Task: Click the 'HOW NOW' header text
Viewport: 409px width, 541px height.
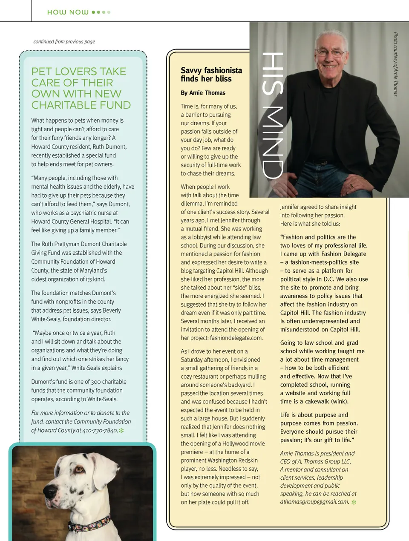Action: click(x=68, y=12)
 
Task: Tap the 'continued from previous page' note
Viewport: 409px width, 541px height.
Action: click(x=64, y=42)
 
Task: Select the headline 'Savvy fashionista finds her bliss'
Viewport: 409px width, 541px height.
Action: click(x=211, y=75)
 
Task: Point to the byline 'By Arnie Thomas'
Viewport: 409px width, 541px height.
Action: click(x=203, y=93)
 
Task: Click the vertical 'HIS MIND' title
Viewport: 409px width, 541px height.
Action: click(x=272, y=115)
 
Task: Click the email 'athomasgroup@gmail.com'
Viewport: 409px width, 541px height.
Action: click(x=314, y=502)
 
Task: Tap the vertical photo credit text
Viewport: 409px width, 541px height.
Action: click(x=395, y=64)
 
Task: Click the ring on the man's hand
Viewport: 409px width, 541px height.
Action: click(x=351, y=185)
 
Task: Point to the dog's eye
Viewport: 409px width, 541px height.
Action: click(x=79, y=469)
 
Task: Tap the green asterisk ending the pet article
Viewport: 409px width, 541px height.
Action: click(x=121, y=431)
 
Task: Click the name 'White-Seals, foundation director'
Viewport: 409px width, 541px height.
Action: click(x=71, y=319)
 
